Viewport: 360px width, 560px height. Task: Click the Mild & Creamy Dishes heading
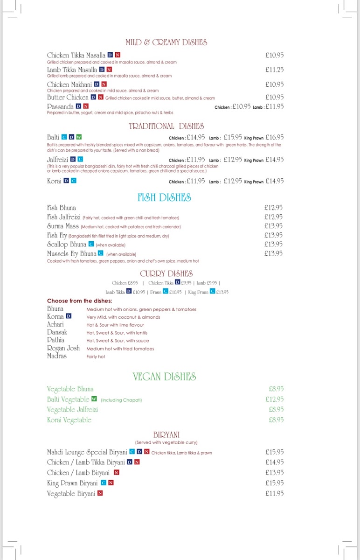(x=166, y=42)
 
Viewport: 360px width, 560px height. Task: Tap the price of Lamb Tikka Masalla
(x=274, y=70)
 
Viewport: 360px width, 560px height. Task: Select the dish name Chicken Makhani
(x=69, y=84)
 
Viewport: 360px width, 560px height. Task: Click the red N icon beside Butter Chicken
(x=101, y=97)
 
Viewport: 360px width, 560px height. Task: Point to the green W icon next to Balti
(x=79, y=137)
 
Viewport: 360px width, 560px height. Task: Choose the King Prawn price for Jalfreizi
(x=274, y=160)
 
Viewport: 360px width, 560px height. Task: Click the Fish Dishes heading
(x=164, y=198)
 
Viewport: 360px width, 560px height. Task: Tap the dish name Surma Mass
(x=63, y=226)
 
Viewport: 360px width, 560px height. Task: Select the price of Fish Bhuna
(x=273, y=208)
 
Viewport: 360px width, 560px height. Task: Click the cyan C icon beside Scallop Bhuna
(x=91, y=244)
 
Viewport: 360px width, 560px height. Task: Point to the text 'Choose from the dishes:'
(x=80, y=301)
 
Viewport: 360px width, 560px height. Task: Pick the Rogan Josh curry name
(x=63, y=348)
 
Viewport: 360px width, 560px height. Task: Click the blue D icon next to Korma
(x=69, y=316)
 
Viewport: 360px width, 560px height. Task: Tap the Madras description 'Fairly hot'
(x=96, y=357)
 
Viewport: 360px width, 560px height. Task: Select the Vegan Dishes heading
(x=164, y=377)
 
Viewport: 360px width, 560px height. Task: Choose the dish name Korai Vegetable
(x=69, y=420)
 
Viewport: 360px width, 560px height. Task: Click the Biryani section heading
(x=166, y=434)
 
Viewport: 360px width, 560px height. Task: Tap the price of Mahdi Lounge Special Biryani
(x=274, y=452)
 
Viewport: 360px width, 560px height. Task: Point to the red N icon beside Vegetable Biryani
(x=100, y=493)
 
